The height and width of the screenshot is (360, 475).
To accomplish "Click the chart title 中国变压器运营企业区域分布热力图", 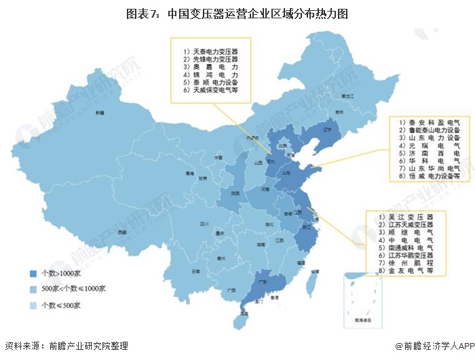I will point(237,13).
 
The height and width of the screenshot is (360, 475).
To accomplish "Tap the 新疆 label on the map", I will point(100,112).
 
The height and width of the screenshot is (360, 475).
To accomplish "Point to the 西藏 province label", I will point(121,232).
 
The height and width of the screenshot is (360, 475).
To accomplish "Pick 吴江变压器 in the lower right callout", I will point(405,215).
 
